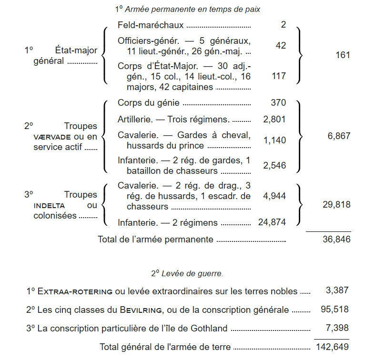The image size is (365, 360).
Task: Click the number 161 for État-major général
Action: (343, 55)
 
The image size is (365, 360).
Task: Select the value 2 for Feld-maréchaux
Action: (284, 24)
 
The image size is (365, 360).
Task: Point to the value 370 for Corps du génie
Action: (278, 102)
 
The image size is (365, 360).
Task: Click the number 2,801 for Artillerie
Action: (274, 119)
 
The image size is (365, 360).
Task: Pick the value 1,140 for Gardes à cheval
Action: (274, 140)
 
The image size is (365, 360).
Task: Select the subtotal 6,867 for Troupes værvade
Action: (339, 136)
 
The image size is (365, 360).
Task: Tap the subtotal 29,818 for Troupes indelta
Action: (337, 205)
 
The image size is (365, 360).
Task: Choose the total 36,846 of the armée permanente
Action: (337, 240)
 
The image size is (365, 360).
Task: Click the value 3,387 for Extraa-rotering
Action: (337, 290)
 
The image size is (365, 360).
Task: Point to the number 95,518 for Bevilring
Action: (335, 310)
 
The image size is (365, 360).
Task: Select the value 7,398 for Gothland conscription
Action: (337, 328)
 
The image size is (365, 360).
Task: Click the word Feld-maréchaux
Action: (151, 24)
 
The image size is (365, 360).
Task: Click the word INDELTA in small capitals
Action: (51, 205)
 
